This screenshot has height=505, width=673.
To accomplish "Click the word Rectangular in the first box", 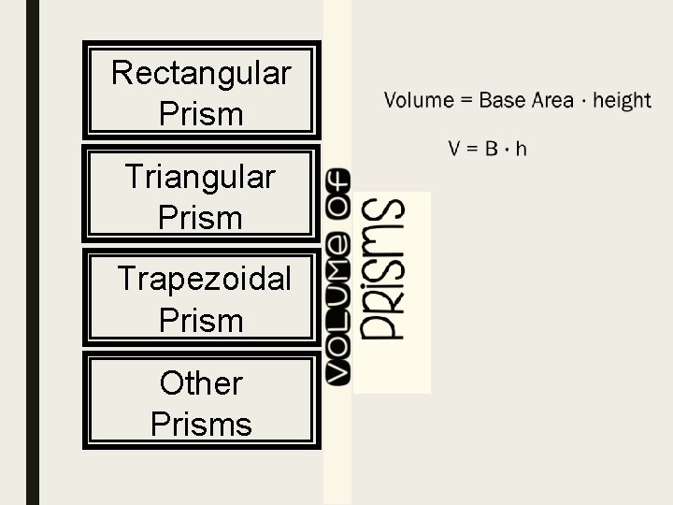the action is coord(201,72).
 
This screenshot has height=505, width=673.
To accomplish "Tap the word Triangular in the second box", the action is coord(200,176).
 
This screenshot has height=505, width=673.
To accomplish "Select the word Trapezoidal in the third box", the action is coord(204,279).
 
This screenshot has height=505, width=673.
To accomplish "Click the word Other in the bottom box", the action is coord(201,382).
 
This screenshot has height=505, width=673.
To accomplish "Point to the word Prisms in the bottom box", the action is coord(201,424).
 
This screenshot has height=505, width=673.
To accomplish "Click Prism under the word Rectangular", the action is coord(201,114).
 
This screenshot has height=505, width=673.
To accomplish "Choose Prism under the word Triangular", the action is coord(200,218).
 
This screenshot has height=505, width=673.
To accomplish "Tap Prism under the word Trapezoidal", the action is coord(201,321).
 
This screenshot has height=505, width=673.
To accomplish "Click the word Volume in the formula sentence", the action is coord(416,100).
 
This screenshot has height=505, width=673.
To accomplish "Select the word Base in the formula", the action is coord(503,100).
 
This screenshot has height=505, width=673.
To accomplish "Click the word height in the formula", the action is coord(622,100).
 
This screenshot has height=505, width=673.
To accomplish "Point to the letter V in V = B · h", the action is coord(454,148).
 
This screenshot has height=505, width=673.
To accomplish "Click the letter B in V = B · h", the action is coord(491,148).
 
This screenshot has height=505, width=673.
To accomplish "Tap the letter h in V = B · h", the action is coord(522,148).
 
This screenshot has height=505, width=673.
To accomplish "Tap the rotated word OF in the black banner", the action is coord(336,195).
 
